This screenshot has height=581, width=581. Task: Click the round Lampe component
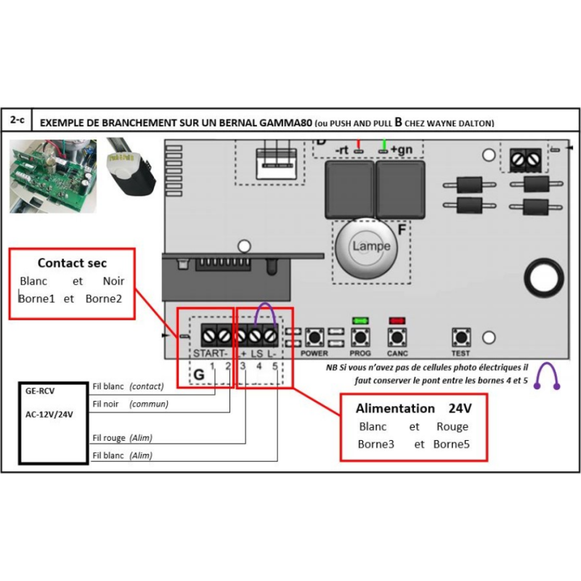point(371,246)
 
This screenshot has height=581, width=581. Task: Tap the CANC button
point(397,338)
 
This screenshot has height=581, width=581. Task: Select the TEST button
point(460,338)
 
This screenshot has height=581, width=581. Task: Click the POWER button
point(314,338)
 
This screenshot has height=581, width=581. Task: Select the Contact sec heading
point(72,263)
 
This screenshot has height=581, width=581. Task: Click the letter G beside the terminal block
point(198,375)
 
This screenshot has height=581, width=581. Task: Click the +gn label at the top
point(402,150)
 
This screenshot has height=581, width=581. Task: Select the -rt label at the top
point(342,150)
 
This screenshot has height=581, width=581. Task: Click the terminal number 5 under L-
point(275,365)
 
